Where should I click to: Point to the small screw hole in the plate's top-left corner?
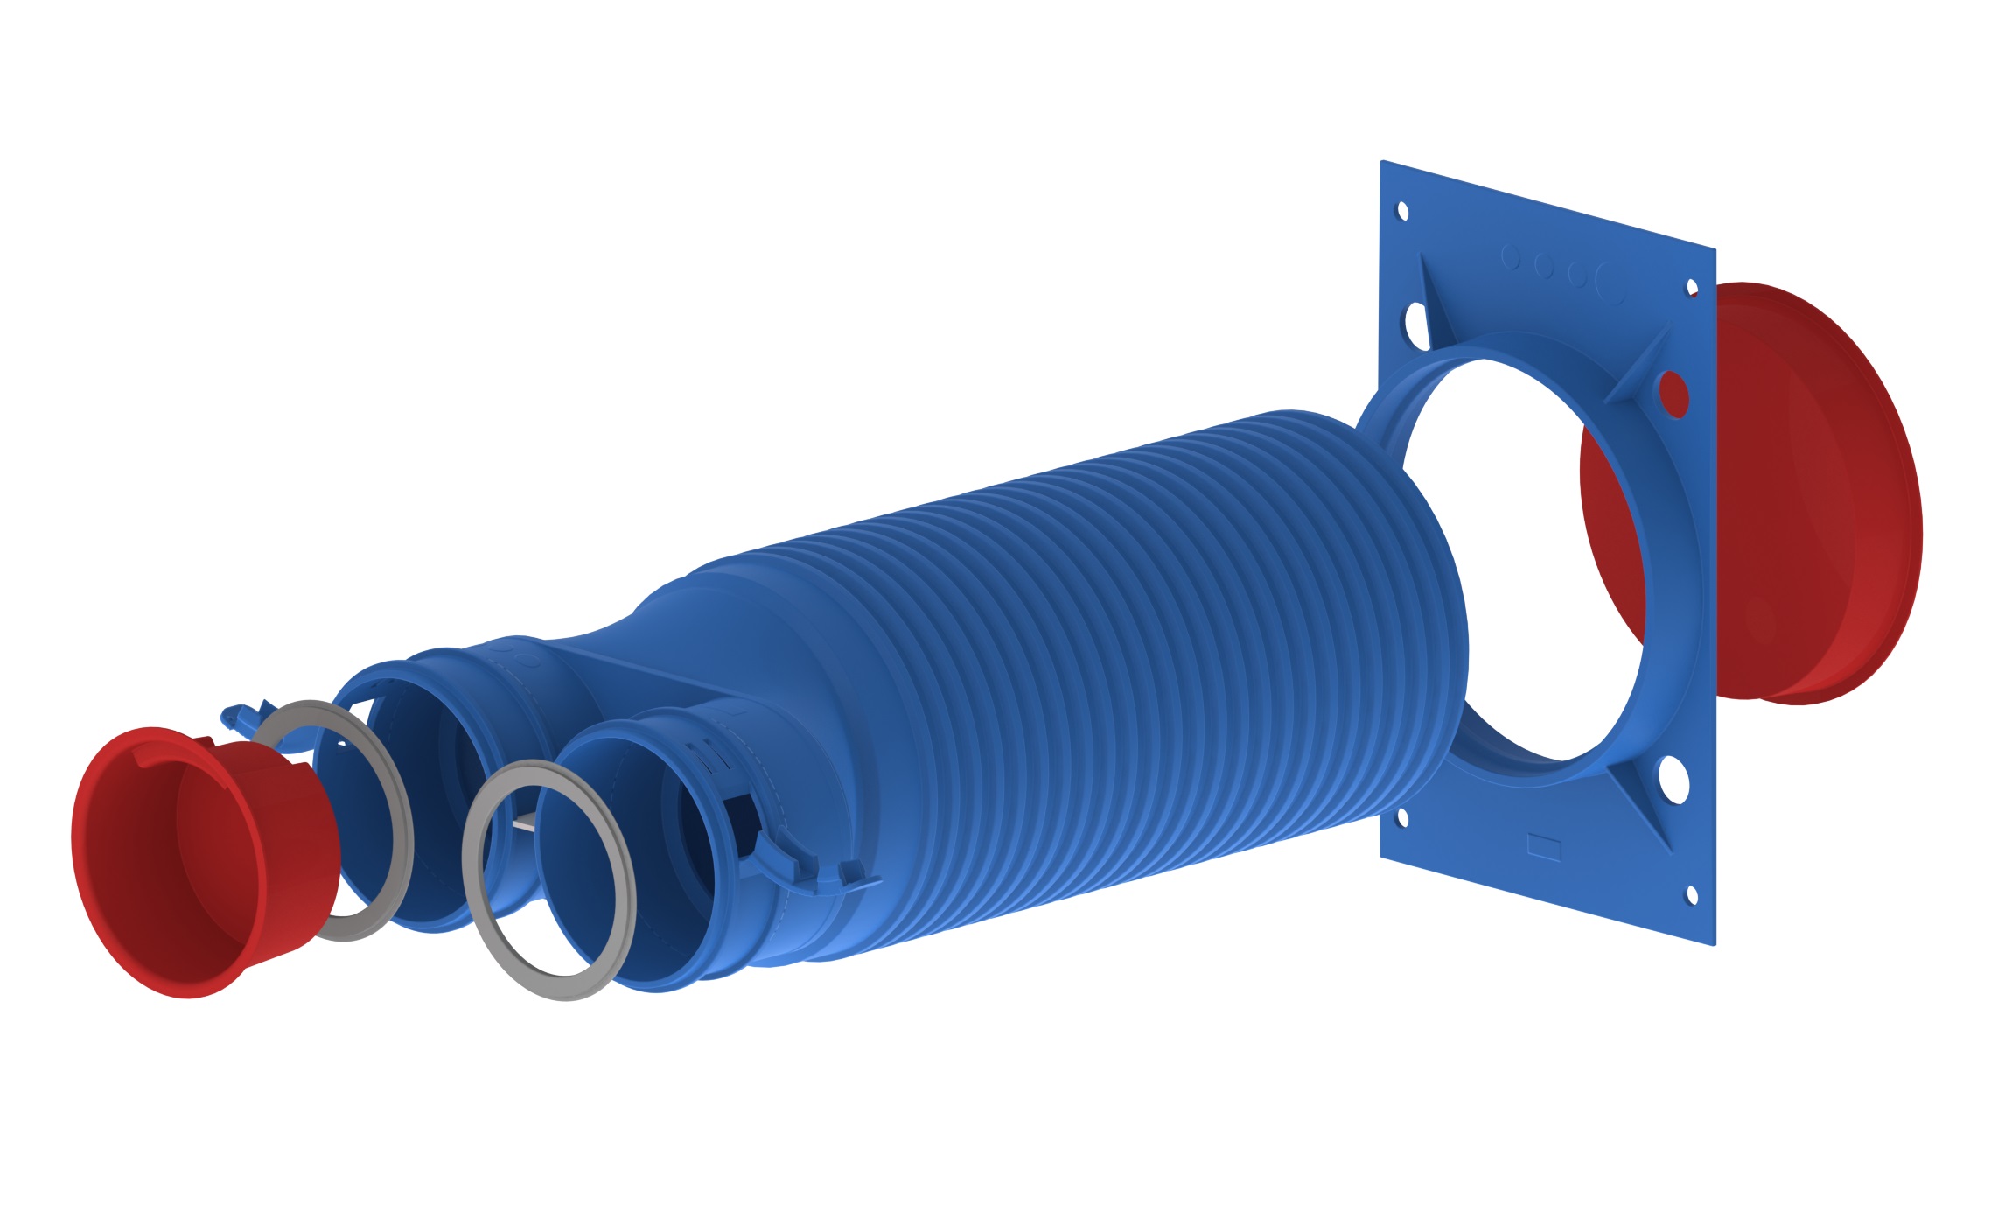click(1401, 211)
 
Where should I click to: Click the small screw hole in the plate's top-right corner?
click(1691, 288)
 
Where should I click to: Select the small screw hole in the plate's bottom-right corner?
click(1691, 895)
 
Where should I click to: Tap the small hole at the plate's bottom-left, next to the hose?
click(1402, 817)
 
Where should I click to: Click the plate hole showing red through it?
click(1673, 395)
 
